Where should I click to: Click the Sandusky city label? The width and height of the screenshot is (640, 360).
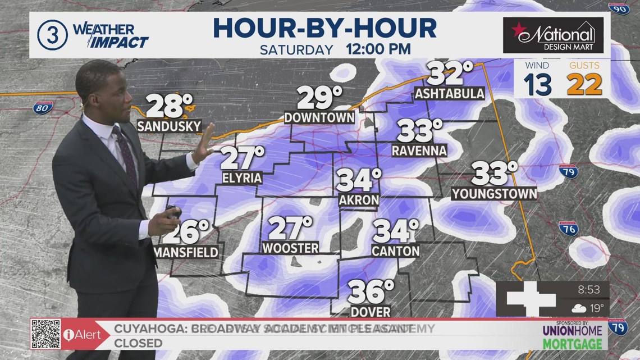[168, 126]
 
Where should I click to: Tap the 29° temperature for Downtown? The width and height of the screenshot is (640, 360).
[319, 98]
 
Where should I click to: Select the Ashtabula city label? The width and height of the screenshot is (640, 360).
[449, 93]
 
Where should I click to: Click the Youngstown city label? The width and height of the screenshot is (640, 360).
[494, 194]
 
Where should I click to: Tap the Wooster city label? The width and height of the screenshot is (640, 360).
[290, 248]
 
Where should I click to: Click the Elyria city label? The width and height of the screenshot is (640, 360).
[242, 178]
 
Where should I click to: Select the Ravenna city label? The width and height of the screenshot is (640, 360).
[419, 151]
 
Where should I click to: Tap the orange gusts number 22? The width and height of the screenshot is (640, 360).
[584, 84]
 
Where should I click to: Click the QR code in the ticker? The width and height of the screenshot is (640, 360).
[45, 334]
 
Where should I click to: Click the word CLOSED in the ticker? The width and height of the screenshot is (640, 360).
[139, 343]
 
